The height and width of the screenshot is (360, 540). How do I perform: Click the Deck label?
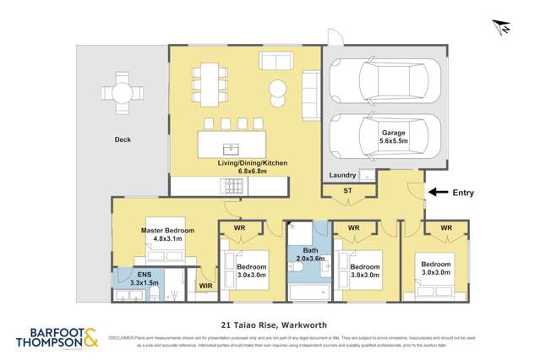pos(123,140)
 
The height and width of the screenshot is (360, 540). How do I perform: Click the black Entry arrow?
pos(437,193)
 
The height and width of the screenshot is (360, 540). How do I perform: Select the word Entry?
pos(463,193)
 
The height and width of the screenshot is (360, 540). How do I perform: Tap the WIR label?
pos(205,287)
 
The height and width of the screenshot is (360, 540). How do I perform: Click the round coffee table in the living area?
pos(278,89)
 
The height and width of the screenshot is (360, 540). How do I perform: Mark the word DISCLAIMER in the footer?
pos(123,335)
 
